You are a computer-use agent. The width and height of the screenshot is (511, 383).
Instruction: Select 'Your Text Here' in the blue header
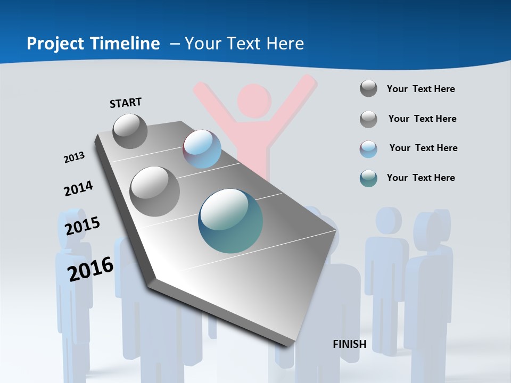click(244, 44)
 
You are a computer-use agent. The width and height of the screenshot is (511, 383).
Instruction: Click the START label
click(126, 102)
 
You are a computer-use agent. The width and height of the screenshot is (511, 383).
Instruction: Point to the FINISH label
click(349, 344)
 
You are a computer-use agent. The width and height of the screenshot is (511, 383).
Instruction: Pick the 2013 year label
click(74, 157)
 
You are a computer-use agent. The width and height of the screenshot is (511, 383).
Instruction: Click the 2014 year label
click(78, 188)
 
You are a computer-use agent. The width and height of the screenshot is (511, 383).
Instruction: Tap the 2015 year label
click(82, 226)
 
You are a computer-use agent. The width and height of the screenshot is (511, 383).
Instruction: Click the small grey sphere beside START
click(130, 131)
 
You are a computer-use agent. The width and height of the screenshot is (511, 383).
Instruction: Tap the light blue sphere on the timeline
click(202, 149)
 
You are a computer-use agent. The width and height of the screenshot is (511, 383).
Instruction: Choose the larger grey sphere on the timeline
click(154, 191)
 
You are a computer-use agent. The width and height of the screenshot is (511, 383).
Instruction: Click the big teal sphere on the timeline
click(230, 221)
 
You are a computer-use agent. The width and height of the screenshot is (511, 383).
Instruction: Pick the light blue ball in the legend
click(368, 149)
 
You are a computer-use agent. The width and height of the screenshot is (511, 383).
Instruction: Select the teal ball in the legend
click(368, 178)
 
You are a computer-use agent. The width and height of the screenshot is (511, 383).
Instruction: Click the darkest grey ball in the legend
click(368, 88)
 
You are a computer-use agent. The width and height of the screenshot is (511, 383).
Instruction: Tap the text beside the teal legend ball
click(421, 178)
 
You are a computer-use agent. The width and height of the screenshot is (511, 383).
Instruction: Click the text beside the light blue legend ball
click(423, 148)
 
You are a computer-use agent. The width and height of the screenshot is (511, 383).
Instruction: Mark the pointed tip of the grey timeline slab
click(290, 346)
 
